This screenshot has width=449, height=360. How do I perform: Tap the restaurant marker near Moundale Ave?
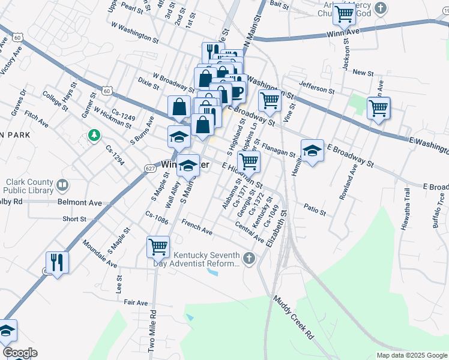pos(58,262)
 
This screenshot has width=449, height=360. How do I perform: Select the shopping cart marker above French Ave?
pos(158,246)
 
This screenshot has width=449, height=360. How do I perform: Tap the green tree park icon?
pos(94,136)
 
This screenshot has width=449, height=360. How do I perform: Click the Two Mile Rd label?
pos(153,330)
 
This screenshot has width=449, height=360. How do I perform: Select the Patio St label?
pos(315,212)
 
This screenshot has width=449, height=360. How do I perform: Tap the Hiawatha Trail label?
pos(406,209)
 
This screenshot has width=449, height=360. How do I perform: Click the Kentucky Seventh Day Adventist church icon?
pos(249,259)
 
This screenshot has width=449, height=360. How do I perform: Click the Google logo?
pos(20,353)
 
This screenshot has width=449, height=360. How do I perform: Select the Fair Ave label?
pos(136,303)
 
